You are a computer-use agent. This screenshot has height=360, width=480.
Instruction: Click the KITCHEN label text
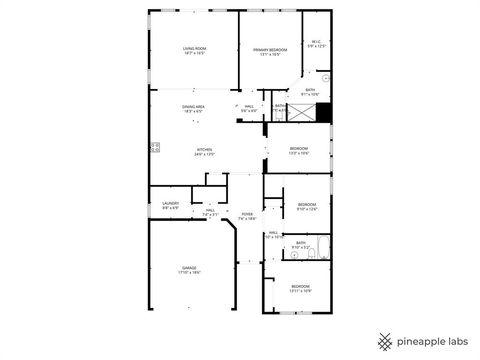204,152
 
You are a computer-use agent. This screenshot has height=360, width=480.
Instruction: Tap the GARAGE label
190,269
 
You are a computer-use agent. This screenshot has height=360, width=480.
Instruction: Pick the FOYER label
247,215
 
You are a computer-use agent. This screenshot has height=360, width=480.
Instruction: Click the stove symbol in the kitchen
156,149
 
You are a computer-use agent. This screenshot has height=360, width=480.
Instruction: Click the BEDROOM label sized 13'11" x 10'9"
301,288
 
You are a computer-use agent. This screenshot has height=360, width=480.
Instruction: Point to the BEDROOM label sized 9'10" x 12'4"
306,207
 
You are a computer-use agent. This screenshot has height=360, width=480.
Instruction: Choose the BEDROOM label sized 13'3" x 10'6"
300,152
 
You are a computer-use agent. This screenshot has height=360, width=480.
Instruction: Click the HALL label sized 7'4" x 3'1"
211,212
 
